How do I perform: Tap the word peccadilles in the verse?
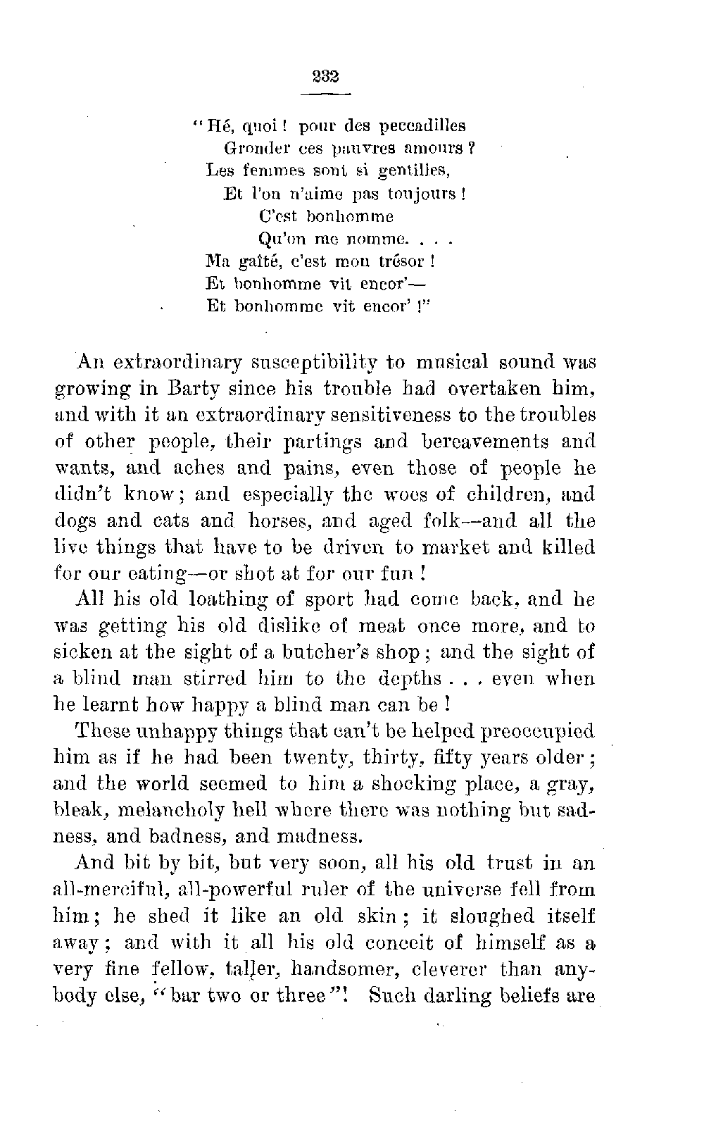[422, 127]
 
